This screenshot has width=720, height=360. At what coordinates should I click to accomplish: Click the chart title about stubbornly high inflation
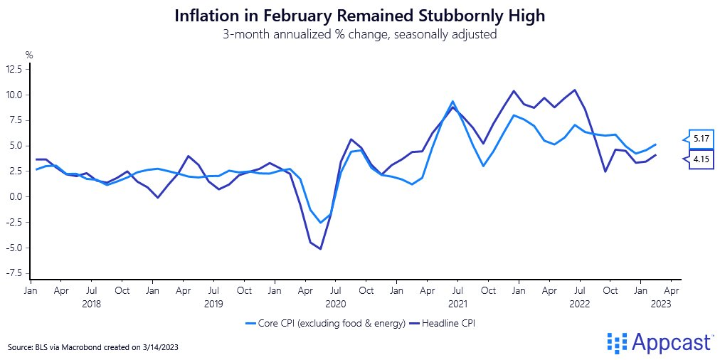359,16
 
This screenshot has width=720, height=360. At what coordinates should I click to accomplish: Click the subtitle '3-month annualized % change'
359,34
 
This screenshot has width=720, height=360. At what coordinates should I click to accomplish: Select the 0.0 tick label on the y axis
16,196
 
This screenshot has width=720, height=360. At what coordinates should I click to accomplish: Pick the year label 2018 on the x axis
92,304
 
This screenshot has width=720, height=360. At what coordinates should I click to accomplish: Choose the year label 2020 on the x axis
335,304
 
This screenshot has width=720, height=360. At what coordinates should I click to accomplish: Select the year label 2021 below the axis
457,304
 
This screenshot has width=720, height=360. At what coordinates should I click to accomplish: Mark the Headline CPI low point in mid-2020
321,249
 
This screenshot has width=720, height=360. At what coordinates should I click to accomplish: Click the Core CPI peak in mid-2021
452,102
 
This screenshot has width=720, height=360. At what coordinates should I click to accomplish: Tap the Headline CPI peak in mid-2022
574,90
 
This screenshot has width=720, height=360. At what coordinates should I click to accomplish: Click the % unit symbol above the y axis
29,55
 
